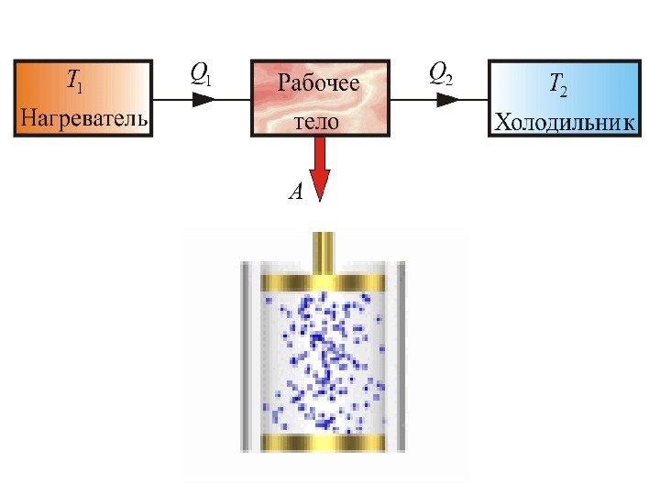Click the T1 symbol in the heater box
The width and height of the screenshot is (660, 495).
[x=72, y=82]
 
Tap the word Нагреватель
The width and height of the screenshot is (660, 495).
[x=83, y=118]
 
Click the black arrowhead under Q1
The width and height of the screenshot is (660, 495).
[x=204, y=98]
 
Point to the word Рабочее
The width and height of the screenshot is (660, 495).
[x=318, y=85]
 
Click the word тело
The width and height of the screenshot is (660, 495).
[x=317, y=120]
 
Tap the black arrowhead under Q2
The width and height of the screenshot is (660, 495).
[x=448, y=98]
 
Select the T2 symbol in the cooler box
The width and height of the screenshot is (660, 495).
[x=556, y=86]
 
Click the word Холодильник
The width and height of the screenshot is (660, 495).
[x=564, y=122]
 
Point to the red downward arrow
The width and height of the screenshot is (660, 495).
[x=319, y=169]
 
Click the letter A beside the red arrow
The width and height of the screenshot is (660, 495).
[x=295, y=192]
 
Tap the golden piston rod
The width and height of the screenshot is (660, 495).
[x=324, y=253]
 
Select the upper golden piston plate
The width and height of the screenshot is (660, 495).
[x=323, y=281]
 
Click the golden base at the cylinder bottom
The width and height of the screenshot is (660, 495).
[x=323, y=444]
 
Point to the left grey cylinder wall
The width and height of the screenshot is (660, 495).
[x=246, y=357]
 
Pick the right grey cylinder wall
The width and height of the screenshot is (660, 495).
[x=400, y=357]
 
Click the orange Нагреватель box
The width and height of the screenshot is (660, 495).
[x=82, y=98]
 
